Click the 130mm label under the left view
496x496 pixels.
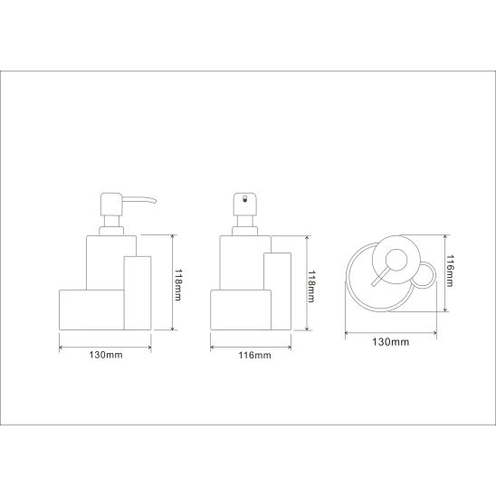coord(106,355)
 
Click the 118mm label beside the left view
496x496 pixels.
coord(177,285)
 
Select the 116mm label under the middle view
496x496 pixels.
coord(254,355)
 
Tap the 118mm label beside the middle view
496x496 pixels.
coord(311,286)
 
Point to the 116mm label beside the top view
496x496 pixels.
coord(450,271)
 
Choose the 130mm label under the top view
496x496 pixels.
coord(391,342)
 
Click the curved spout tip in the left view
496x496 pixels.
coord(154,201)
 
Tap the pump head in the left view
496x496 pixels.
coord(111,205)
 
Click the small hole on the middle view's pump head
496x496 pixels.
coord(244,199)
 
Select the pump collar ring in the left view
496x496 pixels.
coord(111,231)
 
